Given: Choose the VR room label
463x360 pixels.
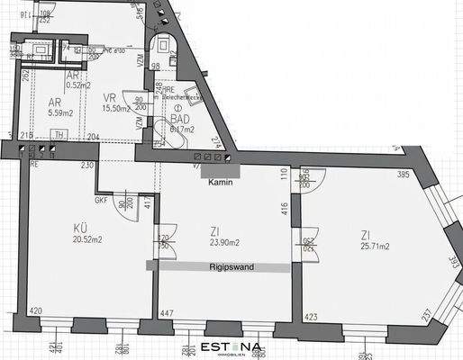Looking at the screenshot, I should click(x=110, y=96).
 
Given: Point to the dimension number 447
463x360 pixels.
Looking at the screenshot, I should click(x=167, y=313).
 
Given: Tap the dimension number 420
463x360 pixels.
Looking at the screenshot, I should click(x=35, y=312).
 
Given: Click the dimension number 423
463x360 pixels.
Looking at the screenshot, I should click(x=312, y=316).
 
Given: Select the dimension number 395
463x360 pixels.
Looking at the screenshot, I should click(x=404, y=175).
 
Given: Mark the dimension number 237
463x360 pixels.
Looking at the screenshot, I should click(x=425, y=315).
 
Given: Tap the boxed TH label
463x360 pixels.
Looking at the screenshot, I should click(x=59, y=135).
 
